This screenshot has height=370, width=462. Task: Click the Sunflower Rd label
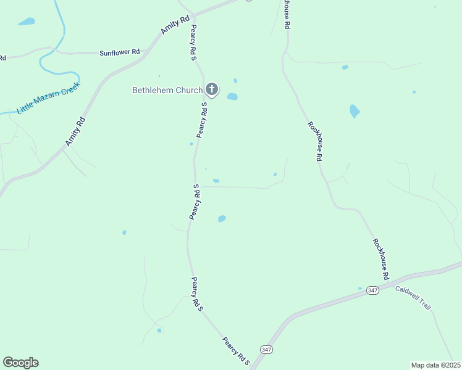(x=120, y=53)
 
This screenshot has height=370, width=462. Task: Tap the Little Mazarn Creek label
(x=49, y=97)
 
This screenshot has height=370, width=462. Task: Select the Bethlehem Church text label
(x=167, y=90)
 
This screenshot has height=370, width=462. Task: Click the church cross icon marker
(x=212, y=90)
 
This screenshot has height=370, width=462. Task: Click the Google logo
(x=20, y=363)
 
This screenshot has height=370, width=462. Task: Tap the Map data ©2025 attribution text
(x=435, y=365)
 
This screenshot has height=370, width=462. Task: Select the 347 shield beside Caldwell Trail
(x=372, y=290)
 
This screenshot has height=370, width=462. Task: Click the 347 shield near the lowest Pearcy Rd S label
(x=266, y=349)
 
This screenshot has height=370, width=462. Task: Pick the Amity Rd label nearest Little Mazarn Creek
(x=75, y=131)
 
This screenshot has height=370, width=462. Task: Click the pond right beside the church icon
(x=232, y=96)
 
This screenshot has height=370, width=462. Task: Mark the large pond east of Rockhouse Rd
(x=355, y=111)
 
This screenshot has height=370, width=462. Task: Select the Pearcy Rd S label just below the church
(x=202, y=120)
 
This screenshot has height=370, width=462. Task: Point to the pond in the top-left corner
(x=27, y=22)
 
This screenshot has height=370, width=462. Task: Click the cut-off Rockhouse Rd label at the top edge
(x=287, y=14)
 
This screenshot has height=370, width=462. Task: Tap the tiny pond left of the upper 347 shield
(x=360, y=288)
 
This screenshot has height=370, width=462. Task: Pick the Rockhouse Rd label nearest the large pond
(x=316, y=141)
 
